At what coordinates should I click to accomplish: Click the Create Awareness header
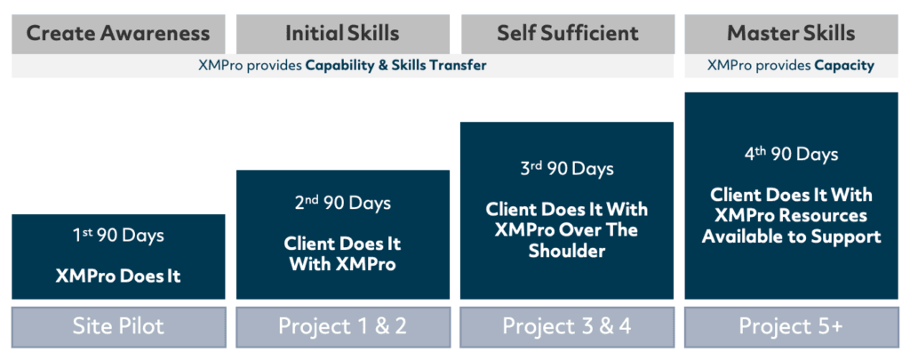(x=118, y=34)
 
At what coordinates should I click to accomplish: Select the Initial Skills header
(x=342, y=34)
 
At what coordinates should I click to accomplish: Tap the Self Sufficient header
(x=567, y=34)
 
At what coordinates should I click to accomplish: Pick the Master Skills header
(x=791, y=34)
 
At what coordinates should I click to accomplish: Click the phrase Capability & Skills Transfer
(x=395, y=66)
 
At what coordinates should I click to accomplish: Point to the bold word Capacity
(x=844, y=66)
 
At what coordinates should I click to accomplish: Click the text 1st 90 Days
(x=118, y=236)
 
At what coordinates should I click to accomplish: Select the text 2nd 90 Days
(x=342, y=203)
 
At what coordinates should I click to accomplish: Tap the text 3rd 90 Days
(x=567, y=168)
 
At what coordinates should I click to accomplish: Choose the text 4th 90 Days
(x=791, y=154)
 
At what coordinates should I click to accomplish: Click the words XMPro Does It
(x=118, y=276)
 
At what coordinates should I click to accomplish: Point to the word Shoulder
(x=567, y=251)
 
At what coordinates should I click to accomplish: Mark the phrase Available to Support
(x=791, y=237)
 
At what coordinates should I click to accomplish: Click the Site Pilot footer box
(x=118, y=327)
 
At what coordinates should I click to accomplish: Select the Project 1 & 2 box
(x=342, y=327)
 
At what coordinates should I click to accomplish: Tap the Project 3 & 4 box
(x=567, y=327)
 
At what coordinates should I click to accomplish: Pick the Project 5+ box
(x=791, y=327)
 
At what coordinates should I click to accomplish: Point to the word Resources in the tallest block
(x=826, y=216)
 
